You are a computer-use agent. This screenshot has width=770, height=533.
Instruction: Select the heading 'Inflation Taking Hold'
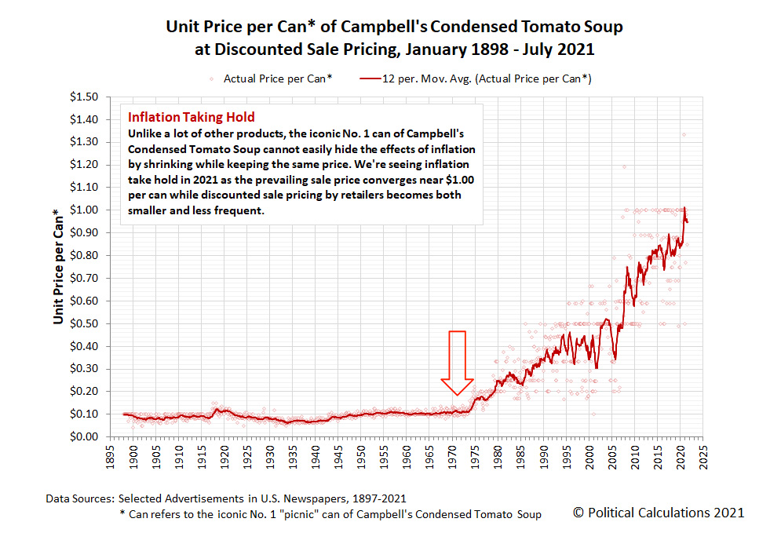[x=191, y=117]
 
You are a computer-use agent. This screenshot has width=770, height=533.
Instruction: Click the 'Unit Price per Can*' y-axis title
[x=59, y=267]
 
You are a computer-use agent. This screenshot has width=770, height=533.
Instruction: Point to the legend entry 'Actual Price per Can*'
[x=276, y=78]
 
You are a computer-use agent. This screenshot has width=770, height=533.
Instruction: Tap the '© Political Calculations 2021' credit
[x=658, y=513]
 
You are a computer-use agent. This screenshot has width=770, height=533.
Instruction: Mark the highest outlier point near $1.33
[x=684, y=135]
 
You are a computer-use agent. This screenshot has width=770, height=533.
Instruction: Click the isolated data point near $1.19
[x=625, y=166]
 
